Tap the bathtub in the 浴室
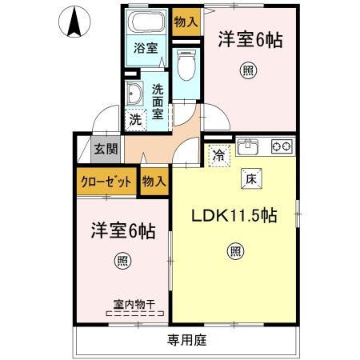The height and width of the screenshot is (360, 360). click(146, 22)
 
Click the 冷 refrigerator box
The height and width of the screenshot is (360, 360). click(218, 156)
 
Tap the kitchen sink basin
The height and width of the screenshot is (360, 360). click(248, 146)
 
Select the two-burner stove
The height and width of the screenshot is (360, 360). click(281, 146)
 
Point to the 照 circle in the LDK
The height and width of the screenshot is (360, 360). click(235, 250)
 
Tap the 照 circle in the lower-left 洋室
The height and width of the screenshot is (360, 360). click(122, 261)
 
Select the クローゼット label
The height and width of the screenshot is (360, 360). click(106, 181)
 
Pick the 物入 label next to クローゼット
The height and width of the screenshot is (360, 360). click(154, 181)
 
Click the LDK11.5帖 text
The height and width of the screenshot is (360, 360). click(234, 215)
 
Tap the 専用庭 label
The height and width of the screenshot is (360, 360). click(186, 340)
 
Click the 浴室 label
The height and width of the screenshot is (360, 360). click(145, 47)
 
